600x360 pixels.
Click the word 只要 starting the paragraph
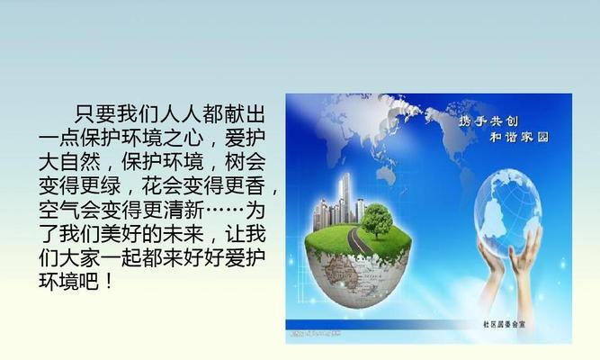click(x=94, y=113)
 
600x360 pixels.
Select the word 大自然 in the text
click(x=69, y=161)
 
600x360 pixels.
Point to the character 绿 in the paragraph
click(x=111, y=185)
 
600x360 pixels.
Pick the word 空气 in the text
click(x=59, y=210)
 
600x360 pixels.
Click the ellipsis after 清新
click(x=224, y=210)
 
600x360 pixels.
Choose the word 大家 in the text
click(x=79, y=257)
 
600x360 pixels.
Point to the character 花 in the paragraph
click(x=152, y=185)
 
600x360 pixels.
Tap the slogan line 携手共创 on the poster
click(x=488, y=121)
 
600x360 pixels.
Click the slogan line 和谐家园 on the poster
click(x=519, y=137)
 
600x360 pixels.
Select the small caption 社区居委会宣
click(x=504, y=324)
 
